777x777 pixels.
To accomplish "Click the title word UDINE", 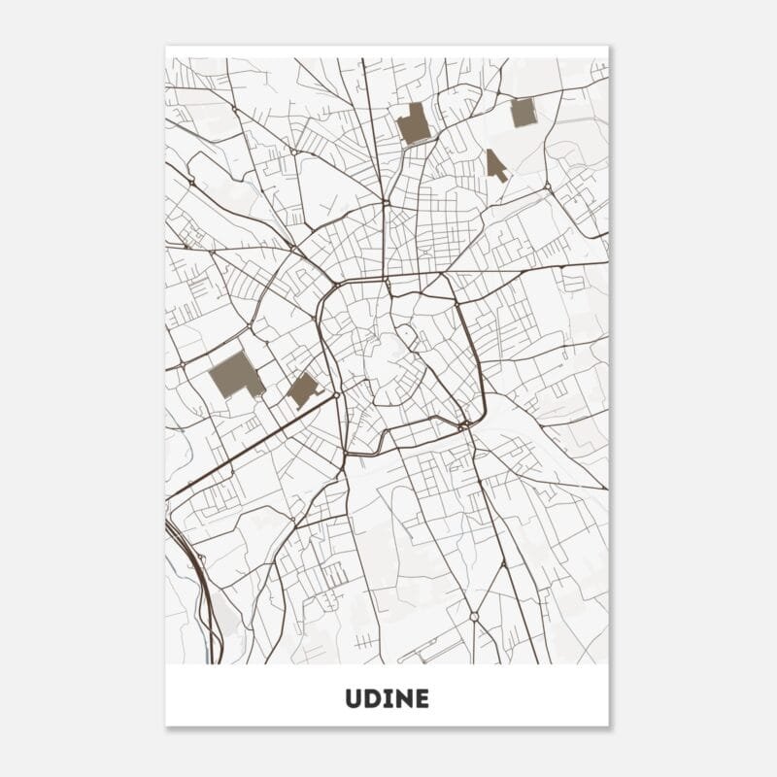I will pos(387,699).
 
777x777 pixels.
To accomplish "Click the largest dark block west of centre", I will pos(234,374).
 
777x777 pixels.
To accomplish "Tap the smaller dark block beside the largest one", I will pos(302,389).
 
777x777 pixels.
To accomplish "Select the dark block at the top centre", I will pos(414,123).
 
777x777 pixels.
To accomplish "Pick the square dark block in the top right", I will pos(524,113).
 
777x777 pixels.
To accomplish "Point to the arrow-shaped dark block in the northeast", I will pos(495,164).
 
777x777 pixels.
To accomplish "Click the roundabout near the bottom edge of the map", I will pos(473,616).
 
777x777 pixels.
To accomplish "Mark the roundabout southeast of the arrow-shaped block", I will pos(547,186).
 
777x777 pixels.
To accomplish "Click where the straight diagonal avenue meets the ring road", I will pos(336,395).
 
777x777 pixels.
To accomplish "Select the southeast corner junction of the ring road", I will pos(465,424).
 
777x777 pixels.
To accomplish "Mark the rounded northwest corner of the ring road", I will pos(327,291).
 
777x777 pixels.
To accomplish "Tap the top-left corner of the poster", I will pos(167,47).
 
